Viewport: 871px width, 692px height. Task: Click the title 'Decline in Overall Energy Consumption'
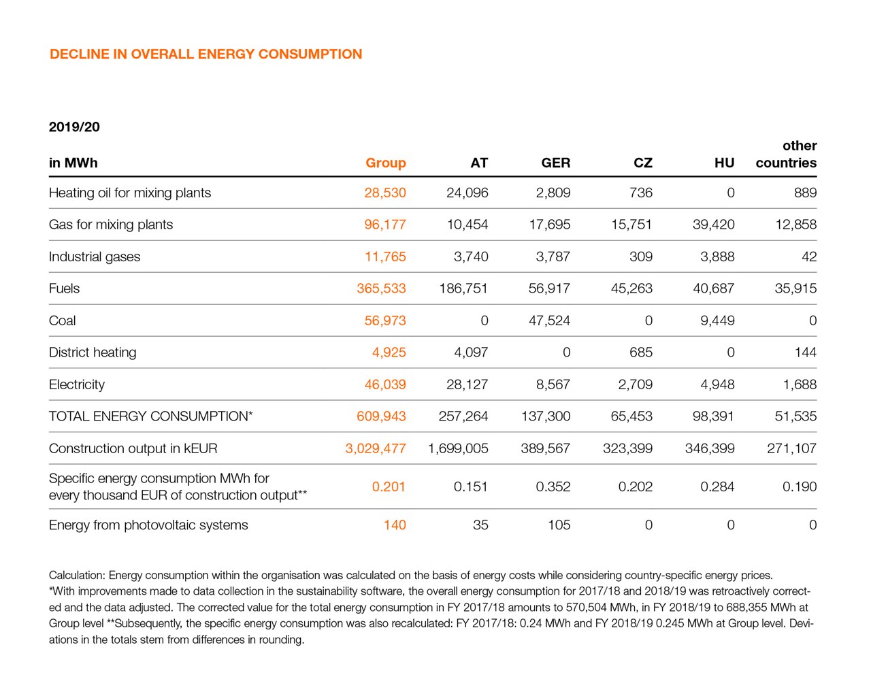tap(206, 54)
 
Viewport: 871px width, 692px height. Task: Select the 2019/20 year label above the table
tap(74, 127)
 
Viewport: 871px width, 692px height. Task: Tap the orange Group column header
tap(385, 163)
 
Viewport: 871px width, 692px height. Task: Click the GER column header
tap(555, 163)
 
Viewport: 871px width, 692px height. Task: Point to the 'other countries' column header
tap(786, 154)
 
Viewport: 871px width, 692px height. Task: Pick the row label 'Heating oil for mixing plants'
tap(130, 193)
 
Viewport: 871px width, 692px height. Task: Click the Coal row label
tap(63, 320)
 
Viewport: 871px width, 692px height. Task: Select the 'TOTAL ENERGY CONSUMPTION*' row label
tap(150, 416)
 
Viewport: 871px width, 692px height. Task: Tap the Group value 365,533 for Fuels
tap(381, 289)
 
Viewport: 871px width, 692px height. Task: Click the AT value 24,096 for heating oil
tap(467, 193)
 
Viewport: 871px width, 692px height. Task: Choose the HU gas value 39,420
tap(713, 225)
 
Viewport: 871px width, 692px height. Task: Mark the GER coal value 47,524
tap(549, 320)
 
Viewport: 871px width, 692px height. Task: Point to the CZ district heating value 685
tap(640, 352)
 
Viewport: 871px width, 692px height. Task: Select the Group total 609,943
tap(381, 416)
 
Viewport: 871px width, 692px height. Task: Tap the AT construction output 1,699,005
tap(458, 448)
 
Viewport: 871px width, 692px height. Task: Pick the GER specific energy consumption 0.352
tap(553, 487)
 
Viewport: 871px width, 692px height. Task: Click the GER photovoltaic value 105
tap(559, 525)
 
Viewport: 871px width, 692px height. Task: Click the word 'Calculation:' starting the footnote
tap(77, 575)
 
